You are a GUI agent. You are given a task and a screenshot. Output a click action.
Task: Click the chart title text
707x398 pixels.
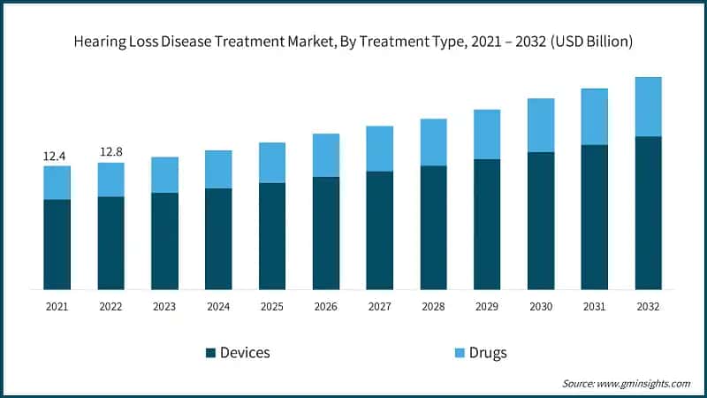click(x=353, y=42)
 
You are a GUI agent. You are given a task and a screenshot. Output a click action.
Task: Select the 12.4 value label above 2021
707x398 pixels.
click(x=55, y=157)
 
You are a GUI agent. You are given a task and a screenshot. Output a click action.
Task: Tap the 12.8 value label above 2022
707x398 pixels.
click(x=110, y=152)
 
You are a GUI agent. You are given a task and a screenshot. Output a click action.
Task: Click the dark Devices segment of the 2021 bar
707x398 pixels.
click(x=57, y=244)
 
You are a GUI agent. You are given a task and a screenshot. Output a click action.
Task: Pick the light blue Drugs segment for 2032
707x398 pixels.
click(x=648, y=107)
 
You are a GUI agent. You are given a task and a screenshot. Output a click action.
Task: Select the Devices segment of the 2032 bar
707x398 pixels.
click(x=648, y=212)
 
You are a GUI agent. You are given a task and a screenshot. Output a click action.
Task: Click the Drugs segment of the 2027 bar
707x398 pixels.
click(x=379, y=149)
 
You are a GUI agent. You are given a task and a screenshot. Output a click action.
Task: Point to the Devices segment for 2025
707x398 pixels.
click(x=272, y=236)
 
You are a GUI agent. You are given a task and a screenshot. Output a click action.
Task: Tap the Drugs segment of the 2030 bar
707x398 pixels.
click(x=541, y=126)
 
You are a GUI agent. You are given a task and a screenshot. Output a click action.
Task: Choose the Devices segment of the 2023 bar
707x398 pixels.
click(x=164, y=241)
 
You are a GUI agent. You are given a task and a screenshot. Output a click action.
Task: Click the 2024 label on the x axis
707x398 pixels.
click(x=218, y=306)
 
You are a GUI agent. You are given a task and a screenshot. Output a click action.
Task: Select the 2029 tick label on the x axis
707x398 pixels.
click(x=487, y=306)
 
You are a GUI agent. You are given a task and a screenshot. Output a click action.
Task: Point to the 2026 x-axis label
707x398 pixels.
click(x=325, y=306)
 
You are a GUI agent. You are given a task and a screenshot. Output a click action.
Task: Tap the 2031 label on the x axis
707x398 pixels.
click(x=594, y=306)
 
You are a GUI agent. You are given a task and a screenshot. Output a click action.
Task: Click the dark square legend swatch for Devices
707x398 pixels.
click(x=210, y=353)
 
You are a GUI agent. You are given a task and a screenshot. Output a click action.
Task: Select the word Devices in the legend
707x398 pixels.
click(x=245, y=353)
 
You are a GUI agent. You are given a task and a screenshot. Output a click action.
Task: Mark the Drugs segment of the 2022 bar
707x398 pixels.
click(x=110, y=180)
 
